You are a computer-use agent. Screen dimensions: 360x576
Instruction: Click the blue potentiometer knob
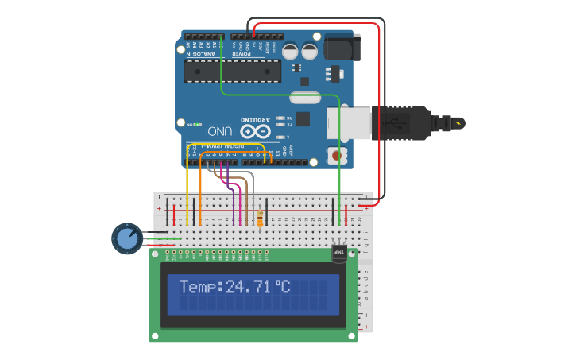coord(126,238)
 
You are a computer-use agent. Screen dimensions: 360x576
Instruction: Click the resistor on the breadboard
coord(260,216)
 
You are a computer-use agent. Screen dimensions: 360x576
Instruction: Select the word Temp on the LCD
coord(199,287)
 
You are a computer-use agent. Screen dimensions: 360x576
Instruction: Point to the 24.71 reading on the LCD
coord(247,287)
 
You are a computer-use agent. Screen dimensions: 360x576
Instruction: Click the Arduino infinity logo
coord(257,130)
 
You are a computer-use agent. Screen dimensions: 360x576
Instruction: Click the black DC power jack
coord(342,48)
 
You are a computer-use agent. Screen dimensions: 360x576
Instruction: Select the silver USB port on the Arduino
coord(350,123)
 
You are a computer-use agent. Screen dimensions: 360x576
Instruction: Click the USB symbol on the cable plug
coord(395,123)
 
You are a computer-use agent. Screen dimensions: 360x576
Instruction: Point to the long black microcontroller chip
coord(232,72)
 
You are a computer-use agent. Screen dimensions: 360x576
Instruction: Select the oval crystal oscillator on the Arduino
coord(304,98)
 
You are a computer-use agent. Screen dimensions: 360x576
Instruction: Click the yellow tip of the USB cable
coord(459,123)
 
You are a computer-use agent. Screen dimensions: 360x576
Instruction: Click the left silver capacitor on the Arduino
coord(290,51)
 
